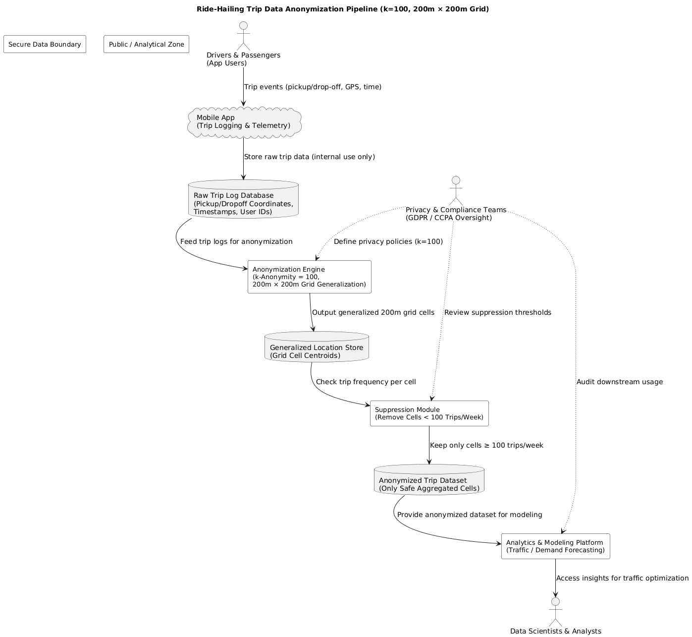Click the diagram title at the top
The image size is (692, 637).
pos(343,9)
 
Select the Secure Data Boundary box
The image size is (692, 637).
pos(45,44)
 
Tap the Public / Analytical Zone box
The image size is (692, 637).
pos(146,44)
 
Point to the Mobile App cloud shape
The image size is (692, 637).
pos(244,121)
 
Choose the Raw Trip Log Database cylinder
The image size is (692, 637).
pos(243,199)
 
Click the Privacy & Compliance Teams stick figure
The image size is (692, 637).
pos(455,191)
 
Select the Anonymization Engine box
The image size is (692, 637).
pos(310,277)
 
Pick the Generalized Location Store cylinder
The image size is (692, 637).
pos(317,347)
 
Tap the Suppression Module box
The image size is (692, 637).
pos(429,413)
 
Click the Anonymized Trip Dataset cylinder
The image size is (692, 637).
pos(429,480)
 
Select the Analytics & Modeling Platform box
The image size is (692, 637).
pos(555,546)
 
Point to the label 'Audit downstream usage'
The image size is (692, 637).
pos(619,382)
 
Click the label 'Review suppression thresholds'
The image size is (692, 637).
pos(497,312)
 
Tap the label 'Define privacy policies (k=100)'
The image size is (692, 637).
pos(388,241)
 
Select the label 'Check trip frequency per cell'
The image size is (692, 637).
pos(366,382)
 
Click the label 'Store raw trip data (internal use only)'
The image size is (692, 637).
pos(309,157)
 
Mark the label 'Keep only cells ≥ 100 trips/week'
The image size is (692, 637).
pos(486,445)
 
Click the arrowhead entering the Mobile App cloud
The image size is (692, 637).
pos(243,103)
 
